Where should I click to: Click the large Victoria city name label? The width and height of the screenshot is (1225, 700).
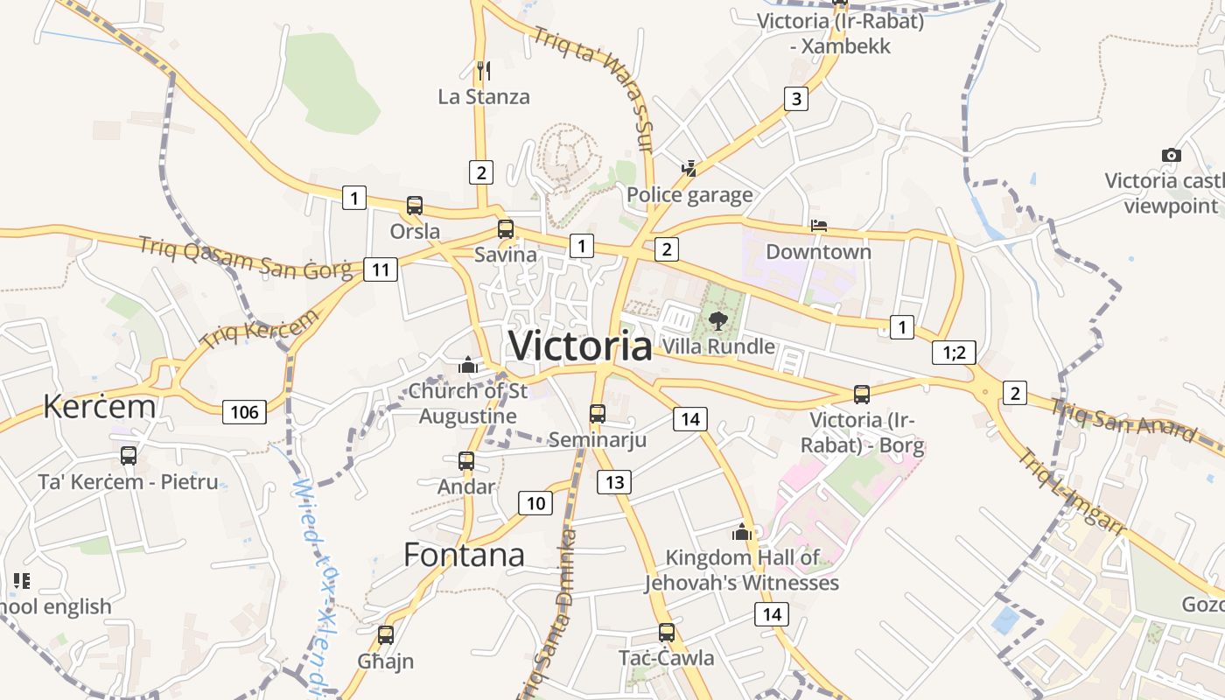tap(580, 346)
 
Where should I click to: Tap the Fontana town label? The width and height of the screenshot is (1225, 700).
tap(464, 555)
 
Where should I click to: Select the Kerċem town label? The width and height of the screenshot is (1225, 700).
tap(99, 406)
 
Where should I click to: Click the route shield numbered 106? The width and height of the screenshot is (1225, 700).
tap(244, 411)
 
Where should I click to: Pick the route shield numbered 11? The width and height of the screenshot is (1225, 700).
tap(380, 269)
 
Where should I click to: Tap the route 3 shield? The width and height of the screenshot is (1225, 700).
tap(795, 98)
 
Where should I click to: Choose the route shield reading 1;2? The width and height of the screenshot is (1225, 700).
tap(954, 353)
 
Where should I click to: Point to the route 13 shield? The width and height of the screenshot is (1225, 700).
tap(614, 481)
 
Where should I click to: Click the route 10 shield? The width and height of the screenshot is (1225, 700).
tap(535, 502)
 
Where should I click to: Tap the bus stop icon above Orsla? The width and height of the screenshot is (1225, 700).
tap(415, 206)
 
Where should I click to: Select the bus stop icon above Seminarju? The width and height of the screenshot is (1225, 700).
tap(598, 413)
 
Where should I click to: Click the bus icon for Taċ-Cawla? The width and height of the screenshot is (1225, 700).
tap(667, 632)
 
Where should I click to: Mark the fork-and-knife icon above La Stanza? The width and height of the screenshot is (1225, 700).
tap(482, 70)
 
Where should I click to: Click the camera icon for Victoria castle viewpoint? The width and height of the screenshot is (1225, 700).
tap(1171, 155)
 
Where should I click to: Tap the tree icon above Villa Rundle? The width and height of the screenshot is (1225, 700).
tap(718, 320)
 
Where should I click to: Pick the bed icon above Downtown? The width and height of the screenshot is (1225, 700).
tap(819, 226)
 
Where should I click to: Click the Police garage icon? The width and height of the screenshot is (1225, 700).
tap(689, 168)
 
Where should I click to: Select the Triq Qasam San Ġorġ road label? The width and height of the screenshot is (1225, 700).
tap(249, 258)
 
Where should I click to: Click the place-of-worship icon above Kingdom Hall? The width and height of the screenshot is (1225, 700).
tap(742, 531)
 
